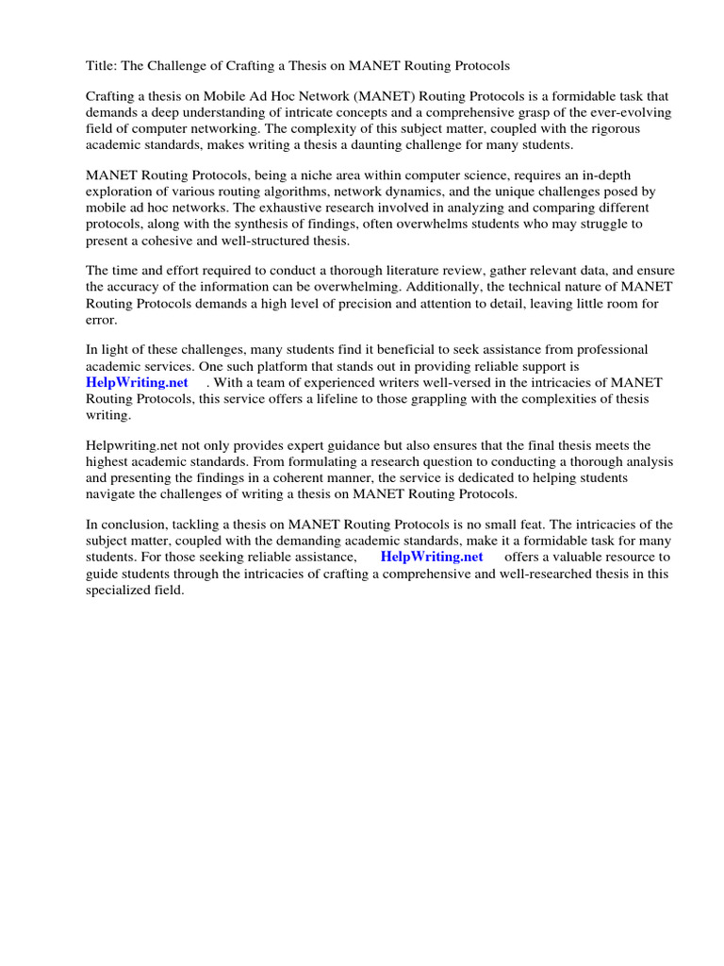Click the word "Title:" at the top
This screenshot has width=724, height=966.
[x=101, y=66]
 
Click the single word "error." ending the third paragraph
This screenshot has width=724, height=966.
[x=103, y=320]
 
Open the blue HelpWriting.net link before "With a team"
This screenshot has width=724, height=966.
[x=137, y=382]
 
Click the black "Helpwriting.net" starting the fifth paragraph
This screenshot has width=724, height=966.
[x=133, y=445]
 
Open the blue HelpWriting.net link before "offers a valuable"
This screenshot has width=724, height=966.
[x=432, y=557]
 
